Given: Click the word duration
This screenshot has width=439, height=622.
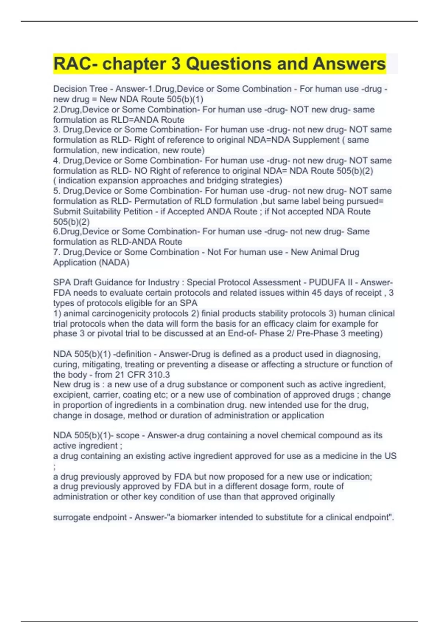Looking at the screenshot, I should pos(176,415).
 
